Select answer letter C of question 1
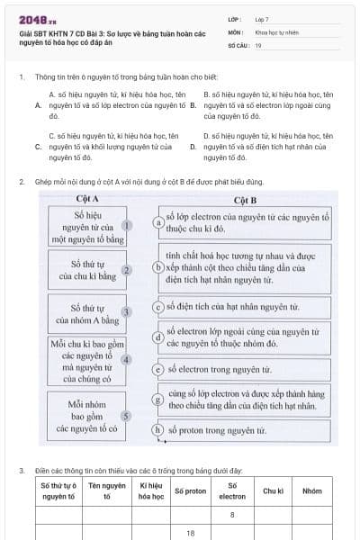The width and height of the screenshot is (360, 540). (39, 146)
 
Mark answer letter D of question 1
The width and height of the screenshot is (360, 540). (193, 146)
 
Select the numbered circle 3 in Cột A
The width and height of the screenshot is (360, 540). (127, 311)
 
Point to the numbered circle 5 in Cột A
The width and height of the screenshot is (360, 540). (127, 416)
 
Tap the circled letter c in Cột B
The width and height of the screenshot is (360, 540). (158, 307)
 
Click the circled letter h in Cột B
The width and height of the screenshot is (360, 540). (158, 430)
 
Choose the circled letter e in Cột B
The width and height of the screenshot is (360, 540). (158, 369)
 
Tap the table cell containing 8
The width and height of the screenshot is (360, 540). (232, 515)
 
